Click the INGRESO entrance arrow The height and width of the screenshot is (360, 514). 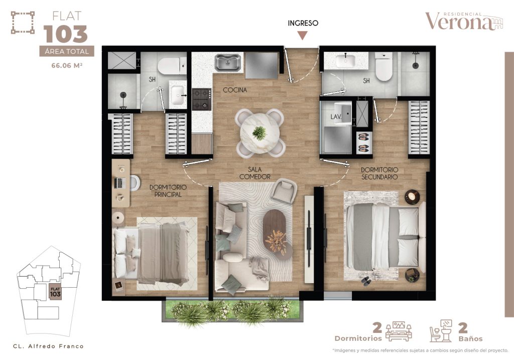(303, 35)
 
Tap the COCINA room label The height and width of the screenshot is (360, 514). (235, 90)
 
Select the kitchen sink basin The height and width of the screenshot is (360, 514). (228, 63)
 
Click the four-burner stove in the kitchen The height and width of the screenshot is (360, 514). (202, 99)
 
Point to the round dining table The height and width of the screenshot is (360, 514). (260, 132)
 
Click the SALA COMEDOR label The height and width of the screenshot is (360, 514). (255, 173)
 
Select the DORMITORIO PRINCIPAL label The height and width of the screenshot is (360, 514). (168, 191)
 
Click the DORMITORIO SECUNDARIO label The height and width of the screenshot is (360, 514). (379, 173)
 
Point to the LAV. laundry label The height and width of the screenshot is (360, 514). (336, 116)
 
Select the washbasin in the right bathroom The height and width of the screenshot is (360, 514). (345, 61)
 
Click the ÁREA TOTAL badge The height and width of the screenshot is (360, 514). (67, 51)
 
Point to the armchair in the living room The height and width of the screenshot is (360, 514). (285, 191)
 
